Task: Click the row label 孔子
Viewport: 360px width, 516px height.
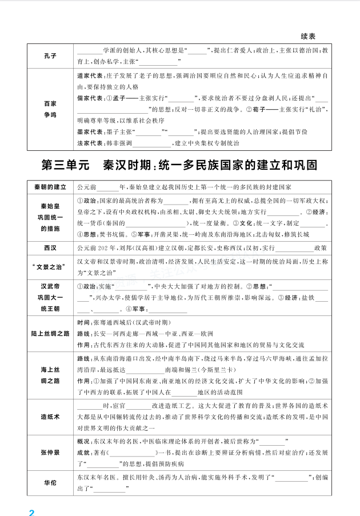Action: pyautogui.click(x=50, y=55)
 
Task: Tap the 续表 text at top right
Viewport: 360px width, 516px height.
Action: pyautogui.click(x=308, y=35)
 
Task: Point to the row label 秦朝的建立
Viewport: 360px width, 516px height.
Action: pyautogui.click(x=50, y=186)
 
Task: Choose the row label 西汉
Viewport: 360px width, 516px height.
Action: pyautogui.click(x=50, y=248)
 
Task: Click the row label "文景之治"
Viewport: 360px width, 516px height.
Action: pyautogui.click(x=50, y=266)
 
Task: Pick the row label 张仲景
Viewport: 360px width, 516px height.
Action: pyautogui.click(x=50, y=453)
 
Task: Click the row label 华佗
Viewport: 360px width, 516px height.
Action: pyautogui.click(x=50, y=482)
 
